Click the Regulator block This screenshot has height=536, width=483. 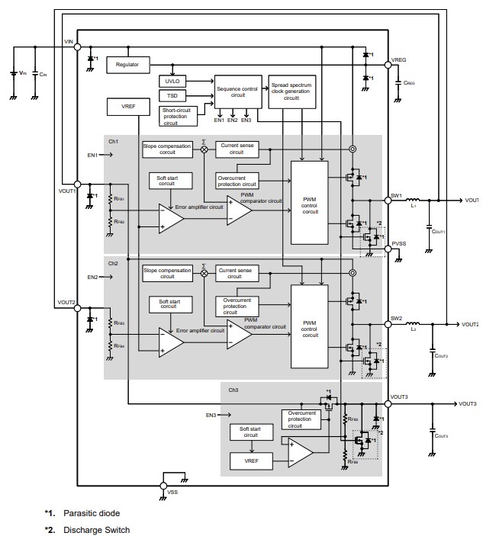pyautogui.click(x=127, y=65)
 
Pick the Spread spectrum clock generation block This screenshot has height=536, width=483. pyautogui.click(x=291, y=92)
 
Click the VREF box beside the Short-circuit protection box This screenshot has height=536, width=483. pyautogui.click(x=128, y=107)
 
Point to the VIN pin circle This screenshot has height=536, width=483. pyautogui.click(x=77, y=47)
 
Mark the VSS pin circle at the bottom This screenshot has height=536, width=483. pyautogui.click(x=163, y=483)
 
